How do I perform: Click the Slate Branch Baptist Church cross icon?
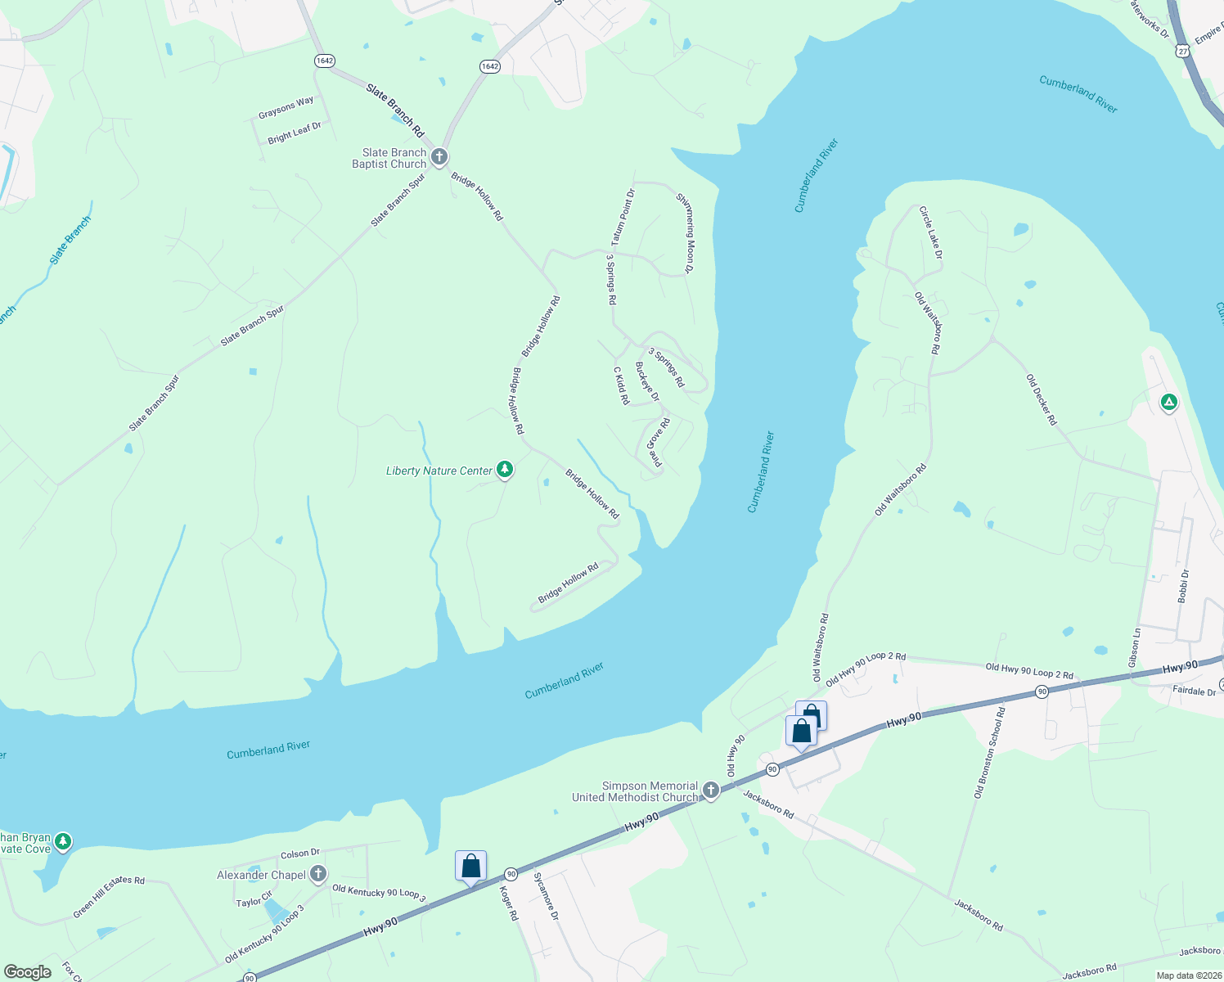[439, 156]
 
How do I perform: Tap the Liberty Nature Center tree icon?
[506, 470]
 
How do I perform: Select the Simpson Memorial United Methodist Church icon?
[711, 791]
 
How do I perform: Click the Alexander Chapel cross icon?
[318, 874]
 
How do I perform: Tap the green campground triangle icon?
[1169, 402]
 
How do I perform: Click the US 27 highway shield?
[1183, 51]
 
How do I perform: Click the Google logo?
[28, 972]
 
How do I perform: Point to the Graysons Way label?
[286, 107]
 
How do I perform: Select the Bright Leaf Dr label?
[295, 133]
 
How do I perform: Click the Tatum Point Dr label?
[623, 218]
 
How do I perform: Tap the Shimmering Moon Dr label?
[686, 232]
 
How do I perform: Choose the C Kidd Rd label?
[621, 385]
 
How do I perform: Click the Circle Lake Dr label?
[930, 232]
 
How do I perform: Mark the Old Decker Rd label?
[1042, 399]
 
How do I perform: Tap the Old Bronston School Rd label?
[989, 754]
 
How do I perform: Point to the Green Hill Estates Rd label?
[109, 897]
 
